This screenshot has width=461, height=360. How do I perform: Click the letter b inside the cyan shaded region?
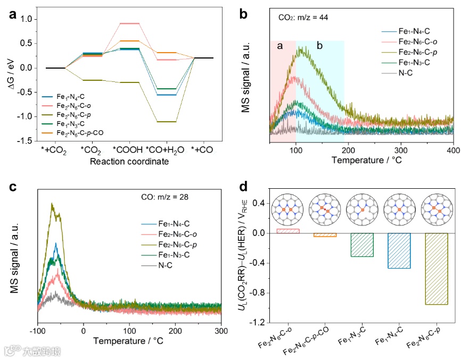click(x=319, y=46)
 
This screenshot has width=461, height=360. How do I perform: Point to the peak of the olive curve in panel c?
click(x=52, y=204)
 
